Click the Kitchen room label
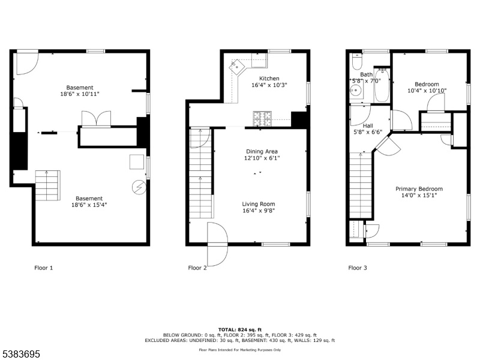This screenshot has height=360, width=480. point(269,79)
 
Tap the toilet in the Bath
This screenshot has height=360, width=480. point(357,62)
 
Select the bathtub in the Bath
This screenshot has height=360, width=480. point(382,85)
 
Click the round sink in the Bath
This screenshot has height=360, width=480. point(356,91)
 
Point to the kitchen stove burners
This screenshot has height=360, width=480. point(262,119)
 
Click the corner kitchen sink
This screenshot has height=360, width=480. point(237,67)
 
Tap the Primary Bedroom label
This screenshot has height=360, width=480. point(419,189)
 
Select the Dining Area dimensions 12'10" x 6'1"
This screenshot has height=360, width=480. point(262,158)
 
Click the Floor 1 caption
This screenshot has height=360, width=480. point(43,268)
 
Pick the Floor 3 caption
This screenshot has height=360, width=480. point(357,268)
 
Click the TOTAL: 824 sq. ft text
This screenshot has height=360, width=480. point(239,329)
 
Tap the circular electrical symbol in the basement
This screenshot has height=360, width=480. point(139,187)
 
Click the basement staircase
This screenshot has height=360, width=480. point(47,185)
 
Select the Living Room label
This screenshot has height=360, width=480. point(259,204)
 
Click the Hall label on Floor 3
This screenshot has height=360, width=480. point(368,125)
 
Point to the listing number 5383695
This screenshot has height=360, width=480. point(20,354)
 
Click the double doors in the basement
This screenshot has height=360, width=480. point(96,118)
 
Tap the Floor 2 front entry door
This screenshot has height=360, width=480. point(218,244)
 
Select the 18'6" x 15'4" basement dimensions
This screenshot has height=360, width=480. point(89,205)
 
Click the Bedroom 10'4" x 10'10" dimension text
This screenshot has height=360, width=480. point(427,91)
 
